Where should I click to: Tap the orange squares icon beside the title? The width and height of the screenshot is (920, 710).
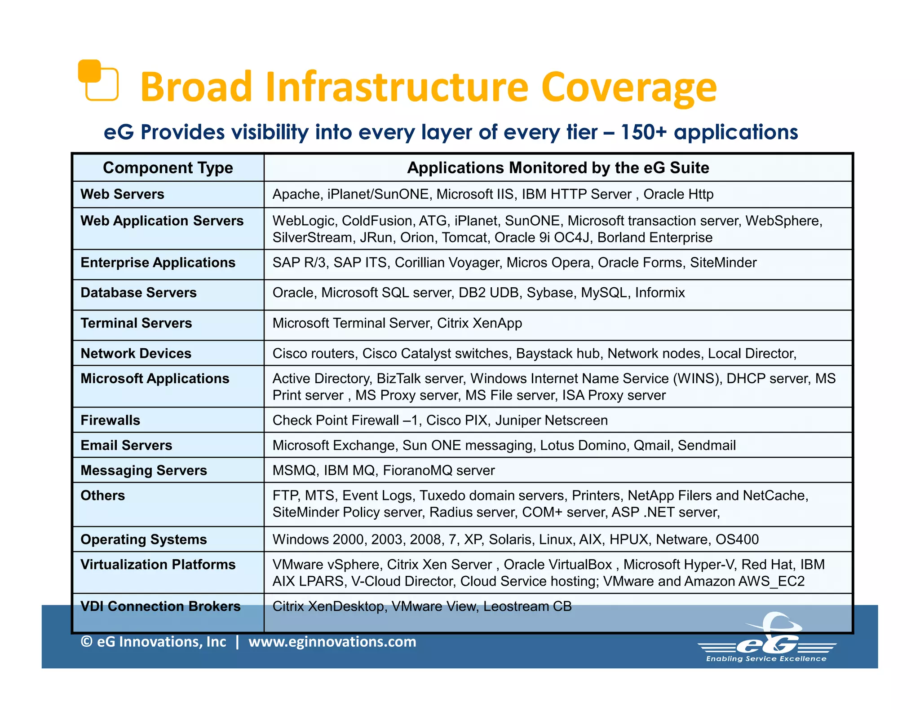(x=98, y=80)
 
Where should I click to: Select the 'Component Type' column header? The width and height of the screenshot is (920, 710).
(x=168, y=168)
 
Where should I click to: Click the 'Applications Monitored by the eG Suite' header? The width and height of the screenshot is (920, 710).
(x=557, y=168)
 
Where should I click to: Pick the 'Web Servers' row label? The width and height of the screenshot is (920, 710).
(x=122, y=194)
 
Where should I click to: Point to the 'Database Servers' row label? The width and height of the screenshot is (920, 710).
(x=138, y=293)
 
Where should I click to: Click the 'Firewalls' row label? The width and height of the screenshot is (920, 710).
(x=110, y=421)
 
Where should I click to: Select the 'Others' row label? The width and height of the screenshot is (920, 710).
(x=102, y=495)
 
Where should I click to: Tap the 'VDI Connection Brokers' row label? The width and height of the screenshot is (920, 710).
(x=160, y=606)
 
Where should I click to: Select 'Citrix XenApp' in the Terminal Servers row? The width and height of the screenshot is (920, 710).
(x=479, y=323)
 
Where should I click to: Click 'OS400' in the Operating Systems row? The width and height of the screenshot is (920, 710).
(x=737, y=539)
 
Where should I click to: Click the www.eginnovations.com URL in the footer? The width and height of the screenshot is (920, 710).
(x=332, y=642)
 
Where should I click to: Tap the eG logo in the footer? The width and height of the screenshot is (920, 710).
(x=767, y=640)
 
